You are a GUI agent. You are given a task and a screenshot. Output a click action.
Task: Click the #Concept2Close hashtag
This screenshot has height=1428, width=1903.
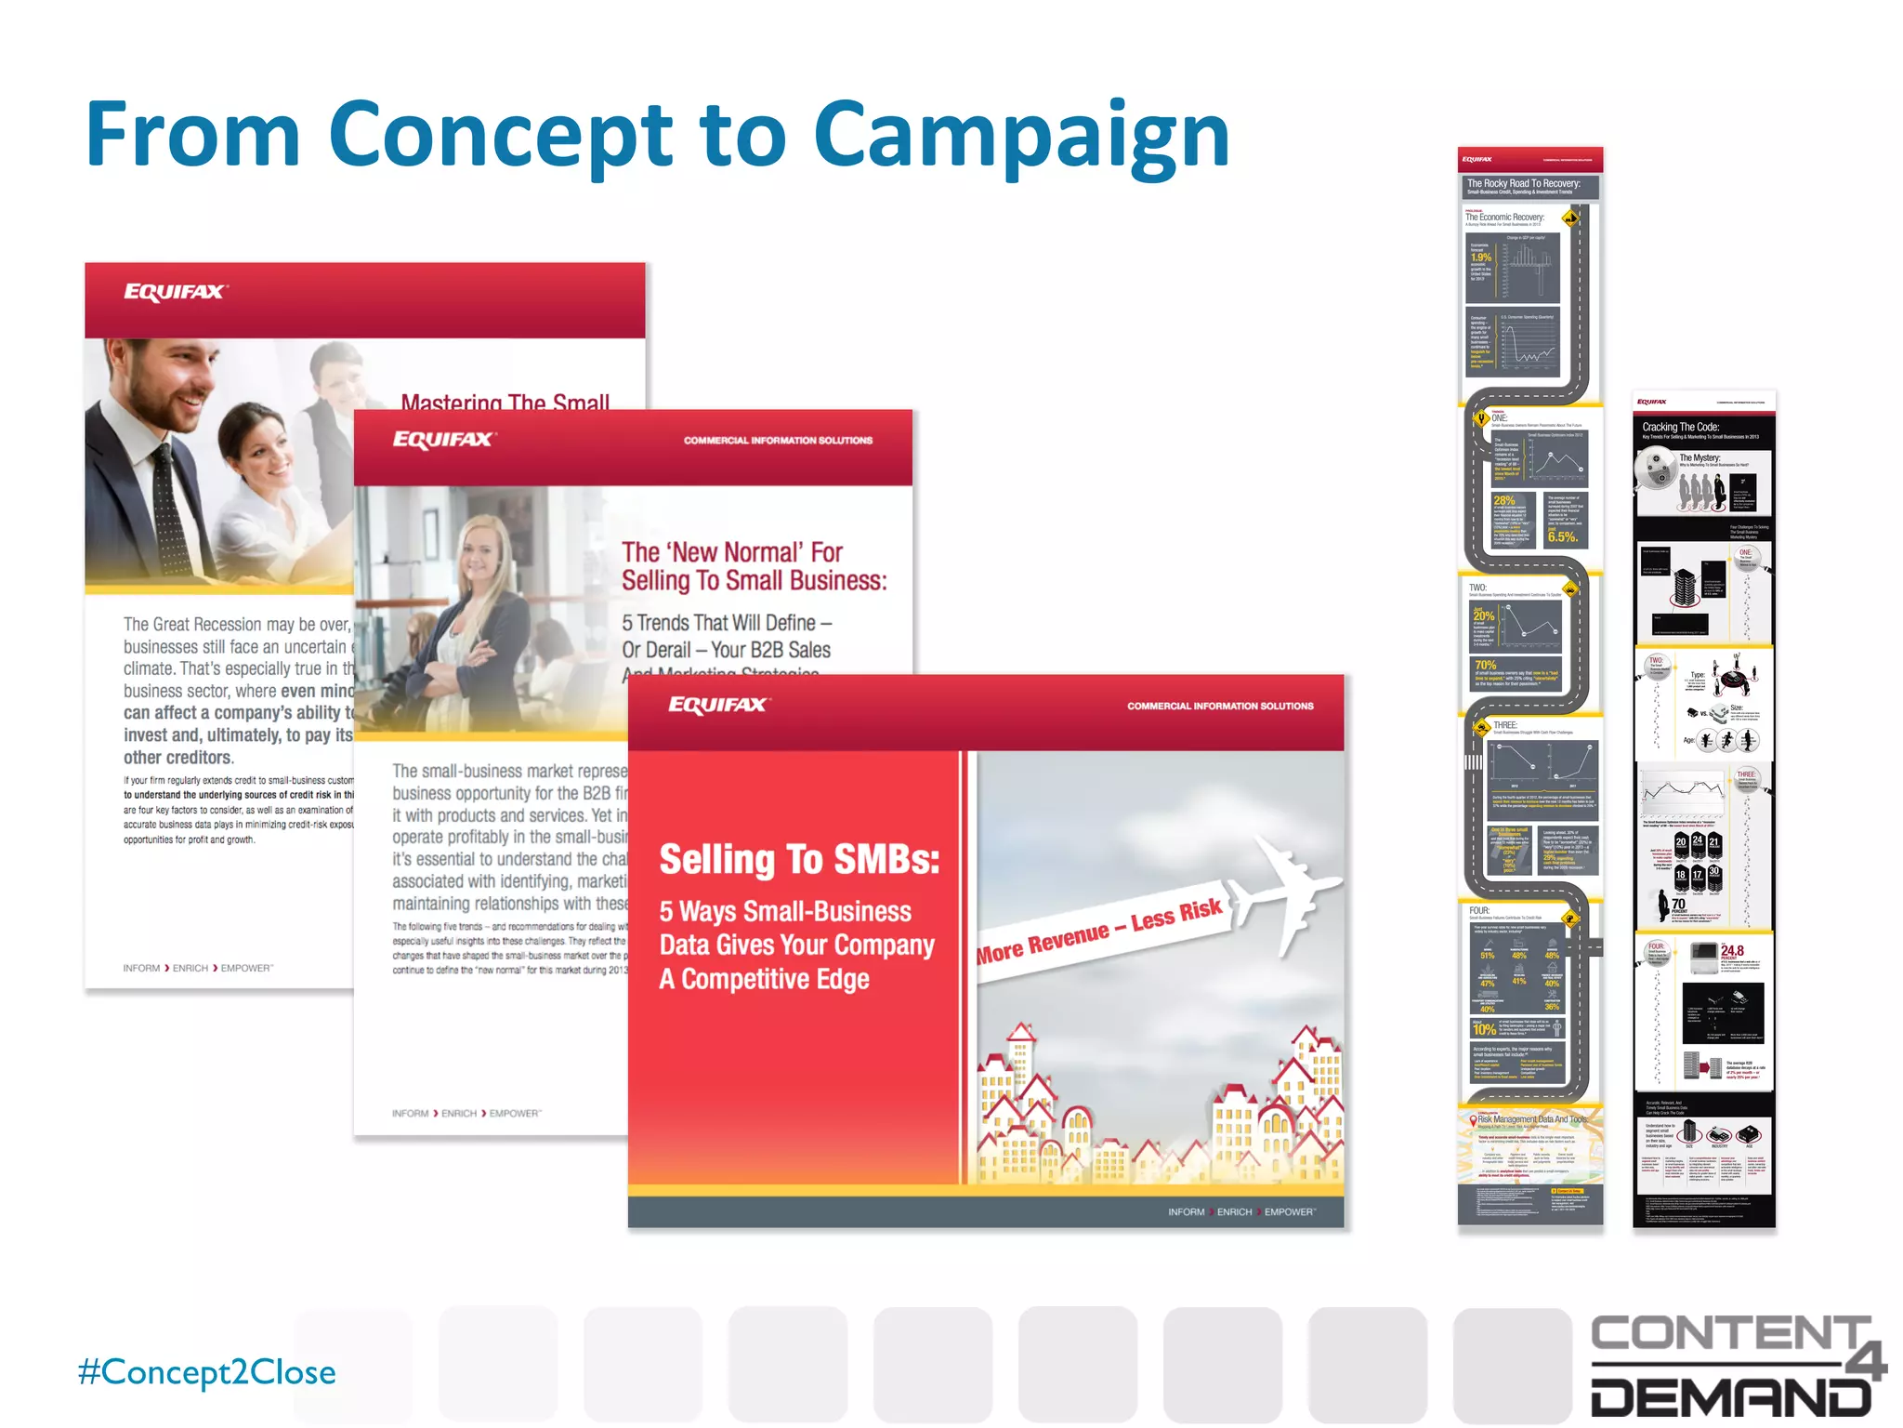pos(206,1372)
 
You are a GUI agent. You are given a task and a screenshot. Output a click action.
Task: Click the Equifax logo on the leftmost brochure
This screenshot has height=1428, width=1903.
pos(175,292)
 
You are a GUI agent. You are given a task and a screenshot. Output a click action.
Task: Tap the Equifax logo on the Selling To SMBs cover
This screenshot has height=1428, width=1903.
pos(717,705)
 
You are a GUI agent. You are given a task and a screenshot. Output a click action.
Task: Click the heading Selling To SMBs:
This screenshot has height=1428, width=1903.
pos(799,860)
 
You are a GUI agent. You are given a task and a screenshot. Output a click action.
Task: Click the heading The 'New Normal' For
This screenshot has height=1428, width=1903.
pos(731,552)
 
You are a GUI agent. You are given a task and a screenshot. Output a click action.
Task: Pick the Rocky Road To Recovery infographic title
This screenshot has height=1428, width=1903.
pos(1523,183)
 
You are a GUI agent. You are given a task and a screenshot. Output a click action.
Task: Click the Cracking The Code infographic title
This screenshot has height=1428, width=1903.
pos(1680,427)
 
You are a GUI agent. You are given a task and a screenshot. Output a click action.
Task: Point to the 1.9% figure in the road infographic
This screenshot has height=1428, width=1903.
pos(1480,258)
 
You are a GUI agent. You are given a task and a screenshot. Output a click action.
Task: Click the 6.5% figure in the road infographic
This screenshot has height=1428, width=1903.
pos(1562,536)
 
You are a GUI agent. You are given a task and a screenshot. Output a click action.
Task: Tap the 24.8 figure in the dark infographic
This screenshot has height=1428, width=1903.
pos(1732,950)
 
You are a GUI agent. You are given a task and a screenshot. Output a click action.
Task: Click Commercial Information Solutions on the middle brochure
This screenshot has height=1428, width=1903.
pos(778,441)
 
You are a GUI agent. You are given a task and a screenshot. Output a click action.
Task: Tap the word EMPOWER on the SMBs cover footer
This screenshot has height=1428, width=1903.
pos(1289,1212)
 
